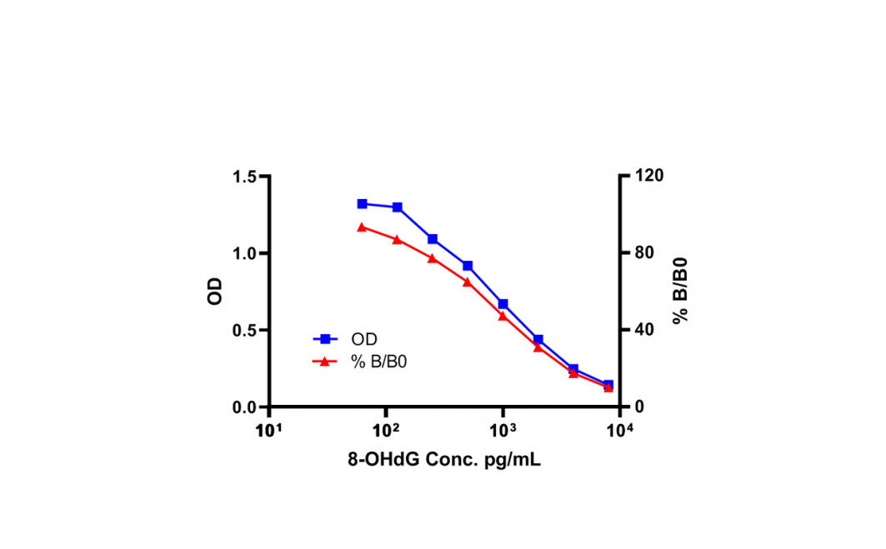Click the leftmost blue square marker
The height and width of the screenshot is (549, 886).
point(363,204)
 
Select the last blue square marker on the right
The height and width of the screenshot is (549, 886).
point(608,385)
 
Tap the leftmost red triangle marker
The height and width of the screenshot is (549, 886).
point(363,227)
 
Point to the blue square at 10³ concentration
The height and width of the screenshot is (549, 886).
point(503,304)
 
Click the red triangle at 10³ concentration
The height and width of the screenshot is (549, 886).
point(503,316)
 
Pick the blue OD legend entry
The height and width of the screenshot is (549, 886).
point(345,339)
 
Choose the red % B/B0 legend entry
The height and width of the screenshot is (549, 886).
point(360,362)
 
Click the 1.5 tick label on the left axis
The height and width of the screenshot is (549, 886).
point(245,177)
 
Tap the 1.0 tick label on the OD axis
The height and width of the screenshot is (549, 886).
point(245,253)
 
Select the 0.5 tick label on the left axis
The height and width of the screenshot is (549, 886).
point(245,331)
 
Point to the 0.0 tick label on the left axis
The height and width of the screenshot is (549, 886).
point(245,407)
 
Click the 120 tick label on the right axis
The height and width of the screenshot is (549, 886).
point(648,176)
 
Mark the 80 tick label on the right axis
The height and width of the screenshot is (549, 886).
point(643,252)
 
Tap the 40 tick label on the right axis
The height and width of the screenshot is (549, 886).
point(643,329)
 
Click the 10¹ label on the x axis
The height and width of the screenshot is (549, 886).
point(269,431)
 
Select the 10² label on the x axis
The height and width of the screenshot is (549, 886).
point(386,431)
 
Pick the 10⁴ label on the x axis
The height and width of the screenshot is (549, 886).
point(620,431)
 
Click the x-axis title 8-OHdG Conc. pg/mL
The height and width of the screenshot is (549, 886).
point(444,459)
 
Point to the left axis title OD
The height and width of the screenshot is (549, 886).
point(215,292)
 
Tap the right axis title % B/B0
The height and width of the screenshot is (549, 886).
point(680,291)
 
